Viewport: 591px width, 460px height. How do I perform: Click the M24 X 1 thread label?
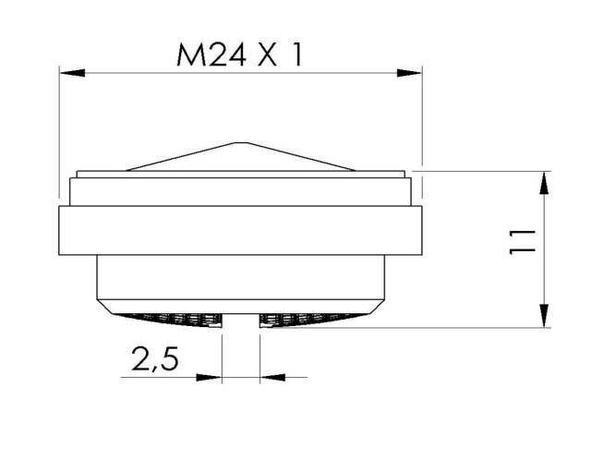(x=239, y=55)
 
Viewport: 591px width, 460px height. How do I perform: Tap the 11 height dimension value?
(x=522, y=242)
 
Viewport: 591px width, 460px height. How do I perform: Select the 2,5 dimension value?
(x=155, y=358)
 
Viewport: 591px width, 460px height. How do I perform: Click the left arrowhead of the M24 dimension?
(x=72, y=73)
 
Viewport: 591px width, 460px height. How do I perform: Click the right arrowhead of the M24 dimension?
(x=409, y=73)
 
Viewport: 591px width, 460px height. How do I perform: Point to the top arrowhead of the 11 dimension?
(x=544, y=184)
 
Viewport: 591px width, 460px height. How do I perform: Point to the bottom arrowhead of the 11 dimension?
(x=544, y=315)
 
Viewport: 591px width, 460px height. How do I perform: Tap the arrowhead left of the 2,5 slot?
(x=209, y=377)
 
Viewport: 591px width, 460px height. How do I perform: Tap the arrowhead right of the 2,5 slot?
(x=273, y=377)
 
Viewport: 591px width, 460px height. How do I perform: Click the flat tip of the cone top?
(x=241, y=143)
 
